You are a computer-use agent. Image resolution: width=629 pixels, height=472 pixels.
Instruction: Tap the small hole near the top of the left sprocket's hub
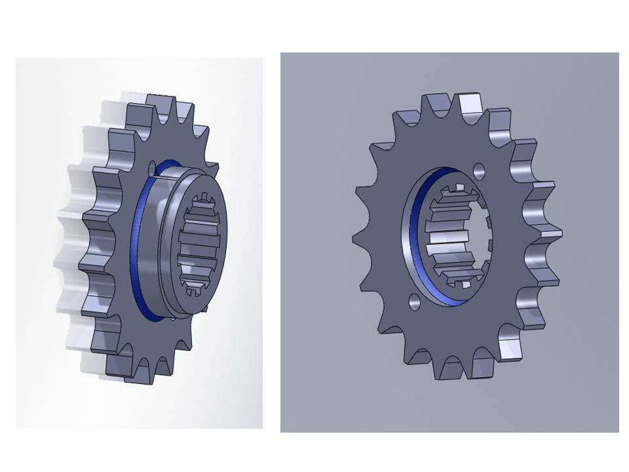click(x=153, y=166)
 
